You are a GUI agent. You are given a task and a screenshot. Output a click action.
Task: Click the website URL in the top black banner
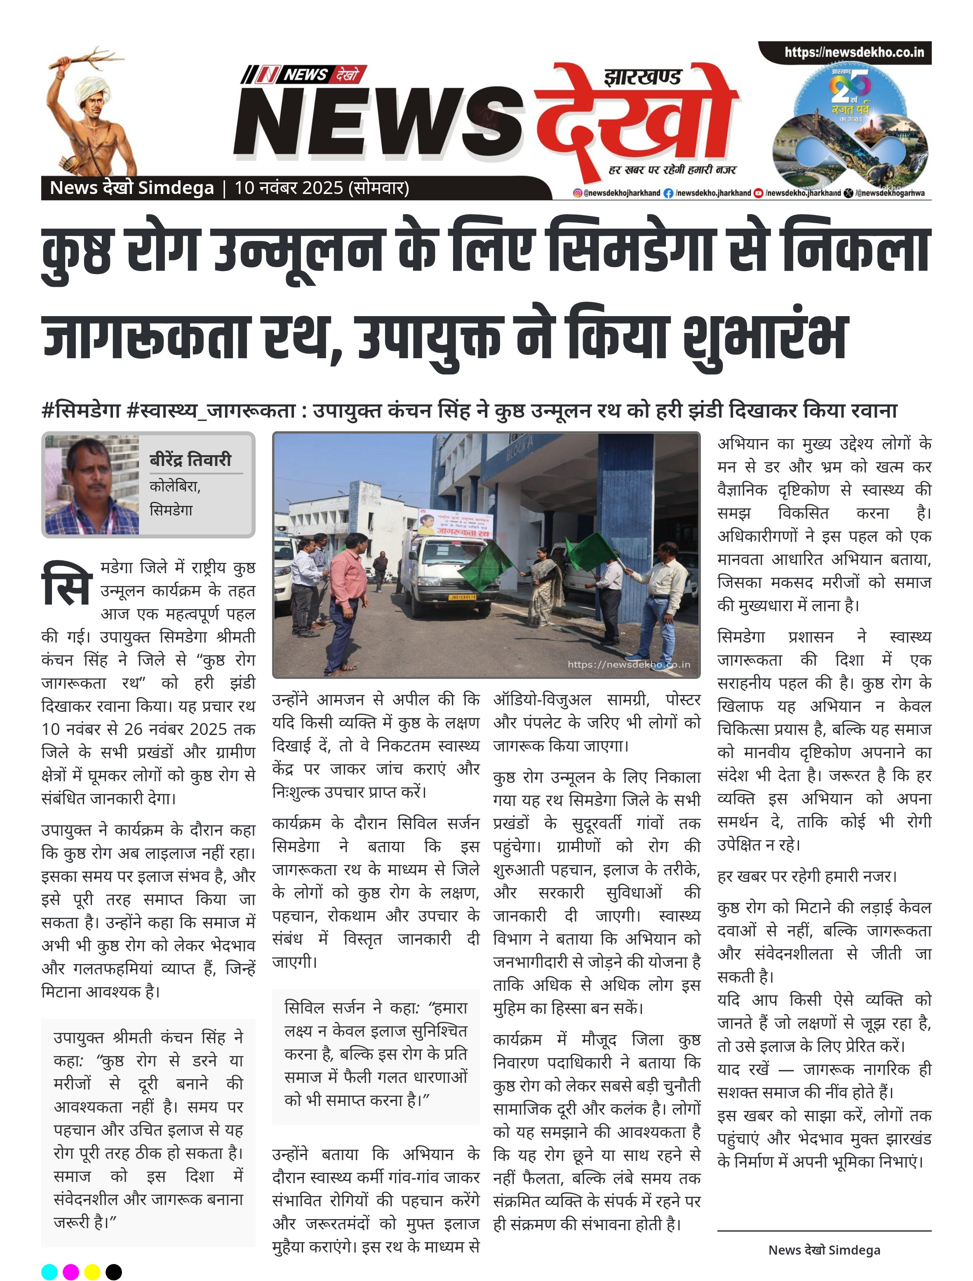854,52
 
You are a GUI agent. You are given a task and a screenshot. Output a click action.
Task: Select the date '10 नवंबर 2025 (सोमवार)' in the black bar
322,188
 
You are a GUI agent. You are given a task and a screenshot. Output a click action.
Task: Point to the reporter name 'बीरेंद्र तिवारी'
190,460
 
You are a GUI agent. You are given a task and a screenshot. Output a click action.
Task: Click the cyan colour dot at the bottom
50,1272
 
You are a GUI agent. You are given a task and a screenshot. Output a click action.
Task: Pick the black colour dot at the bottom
114,1272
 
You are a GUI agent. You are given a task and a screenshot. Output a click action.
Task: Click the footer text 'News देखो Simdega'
824,1250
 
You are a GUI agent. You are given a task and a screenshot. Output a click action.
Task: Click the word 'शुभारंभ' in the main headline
764,336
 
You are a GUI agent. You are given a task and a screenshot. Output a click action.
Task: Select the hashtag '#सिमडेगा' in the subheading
81,410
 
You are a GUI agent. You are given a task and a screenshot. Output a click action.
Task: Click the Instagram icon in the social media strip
577,193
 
